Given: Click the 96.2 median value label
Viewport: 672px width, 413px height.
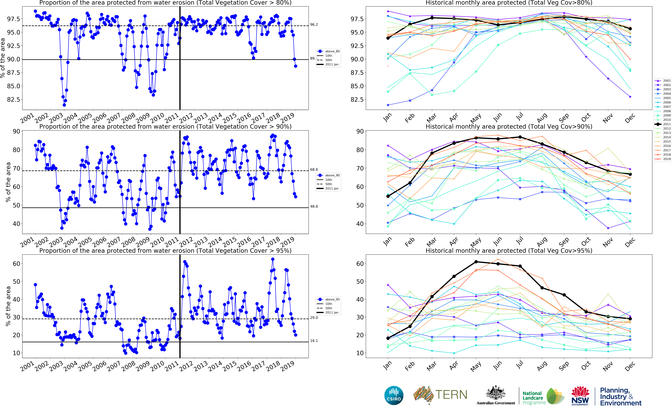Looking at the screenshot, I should (314, 25).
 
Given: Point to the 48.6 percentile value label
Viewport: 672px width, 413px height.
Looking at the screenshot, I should (314, 207).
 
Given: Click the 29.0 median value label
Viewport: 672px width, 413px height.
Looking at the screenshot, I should (314, 318).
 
